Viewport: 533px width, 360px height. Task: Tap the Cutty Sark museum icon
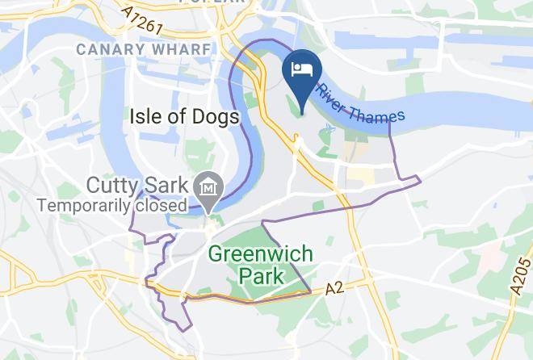[209, 187]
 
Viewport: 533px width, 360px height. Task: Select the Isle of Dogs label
[185, 118]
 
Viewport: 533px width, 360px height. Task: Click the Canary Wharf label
[143, 49]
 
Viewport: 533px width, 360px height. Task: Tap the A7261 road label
[146, 19]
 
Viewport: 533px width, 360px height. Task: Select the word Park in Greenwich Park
[262, 276]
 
